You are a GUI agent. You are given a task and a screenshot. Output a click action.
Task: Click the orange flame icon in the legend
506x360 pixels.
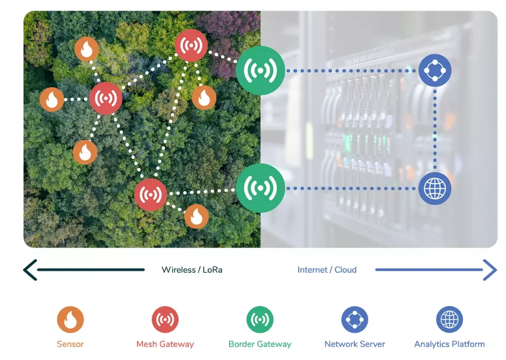pyautogui.click(x=70, y=320)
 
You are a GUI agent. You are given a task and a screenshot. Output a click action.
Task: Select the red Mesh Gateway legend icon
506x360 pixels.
pyautogui.click(x=165, y=320)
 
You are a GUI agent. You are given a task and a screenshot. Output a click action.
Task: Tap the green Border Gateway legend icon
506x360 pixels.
pyautogui.click(x=260, y=320)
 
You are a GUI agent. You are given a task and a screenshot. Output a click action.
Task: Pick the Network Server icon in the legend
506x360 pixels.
pyautogui.click(x=355, y=320)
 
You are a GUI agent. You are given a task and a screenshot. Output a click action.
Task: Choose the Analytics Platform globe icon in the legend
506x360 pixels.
pyautogui.click(x=449, y=320)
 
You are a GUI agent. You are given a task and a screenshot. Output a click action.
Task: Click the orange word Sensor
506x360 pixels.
pyautogui.click(x=70, y=344)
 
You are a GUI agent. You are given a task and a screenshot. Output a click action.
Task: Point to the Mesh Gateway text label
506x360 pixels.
pyautogui.click(x=165, y=344)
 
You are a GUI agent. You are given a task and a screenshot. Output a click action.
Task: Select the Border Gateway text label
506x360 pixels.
pyautogui.click(x=260, y=344)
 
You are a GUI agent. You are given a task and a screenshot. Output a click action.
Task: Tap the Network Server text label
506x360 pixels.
pyautogui.click(x=355, y=344)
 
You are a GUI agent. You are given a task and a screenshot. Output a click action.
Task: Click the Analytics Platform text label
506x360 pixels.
pyautogui.click(x=449, y=344)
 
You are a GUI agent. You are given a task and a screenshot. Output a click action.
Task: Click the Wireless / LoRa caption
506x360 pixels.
pyautogui.click(x=192, y=270)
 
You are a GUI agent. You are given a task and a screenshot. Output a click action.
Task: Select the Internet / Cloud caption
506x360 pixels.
pyautogui.click(x=327, y=270)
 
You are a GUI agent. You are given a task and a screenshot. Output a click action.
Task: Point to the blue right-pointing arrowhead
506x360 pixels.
pyautogui.click(x=490, y=270)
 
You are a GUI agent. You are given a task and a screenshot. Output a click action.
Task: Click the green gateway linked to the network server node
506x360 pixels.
pyautogui.click(x=260, y=71)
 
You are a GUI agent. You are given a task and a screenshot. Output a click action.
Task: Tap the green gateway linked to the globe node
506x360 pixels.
pyautogui.click(x=260, y=188)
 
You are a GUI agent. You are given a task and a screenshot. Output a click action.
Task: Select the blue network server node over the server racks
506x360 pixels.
pyautogui.click(x=435, y=71)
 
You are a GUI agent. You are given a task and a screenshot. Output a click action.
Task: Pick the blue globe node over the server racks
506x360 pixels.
pyautogui.click(x=435, y=188)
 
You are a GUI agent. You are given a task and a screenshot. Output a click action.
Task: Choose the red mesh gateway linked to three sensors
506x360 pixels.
pyautogui.click(x=106, y=98)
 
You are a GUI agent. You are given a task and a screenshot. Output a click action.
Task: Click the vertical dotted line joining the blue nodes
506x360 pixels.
pyautogui.click(x=435, y=129)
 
